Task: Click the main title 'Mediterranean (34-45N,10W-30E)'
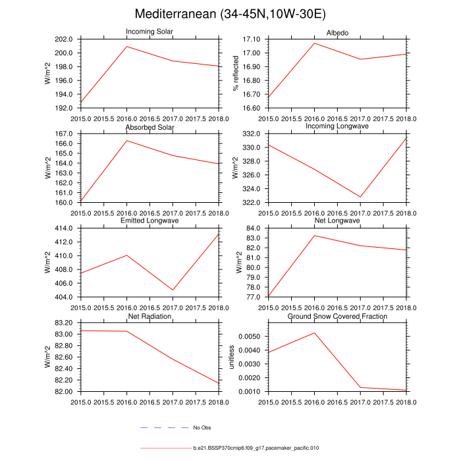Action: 230,14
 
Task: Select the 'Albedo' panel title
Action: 337,34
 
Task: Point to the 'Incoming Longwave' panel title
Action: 337,126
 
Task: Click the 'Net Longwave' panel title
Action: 337,221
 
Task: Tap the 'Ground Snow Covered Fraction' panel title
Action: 337,317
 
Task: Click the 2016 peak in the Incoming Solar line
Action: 126,46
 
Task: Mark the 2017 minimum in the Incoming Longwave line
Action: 360,197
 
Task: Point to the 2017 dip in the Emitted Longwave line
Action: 173,290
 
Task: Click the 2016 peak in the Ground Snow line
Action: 314,333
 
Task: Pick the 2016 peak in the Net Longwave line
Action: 314,235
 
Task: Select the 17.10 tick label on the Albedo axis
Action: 254,40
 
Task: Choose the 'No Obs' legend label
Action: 202,428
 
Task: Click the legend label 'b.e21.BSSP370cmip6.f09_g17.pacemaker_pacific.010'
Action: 256,448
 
